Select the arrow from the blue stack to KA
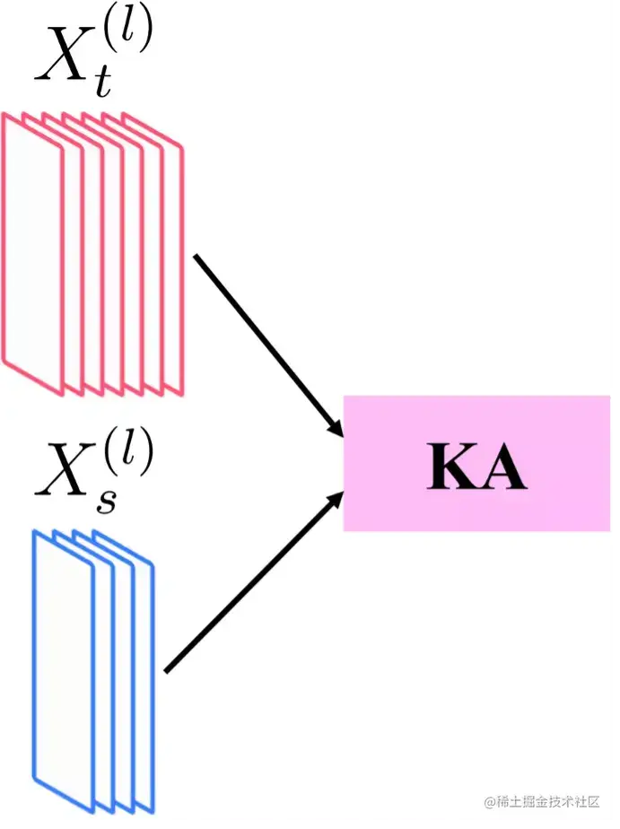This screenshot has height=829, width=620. point(251,583)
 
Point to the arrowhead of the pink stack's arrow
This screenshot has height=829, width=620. point(336,430)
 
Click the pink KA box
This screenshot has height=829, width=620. point(476,463)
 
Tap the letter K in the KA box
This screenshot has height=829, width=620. point(450,467)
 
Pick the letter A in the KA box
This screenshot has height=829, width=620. point(502,467)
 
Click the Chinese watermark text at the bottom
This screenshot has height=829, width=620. point(549,801)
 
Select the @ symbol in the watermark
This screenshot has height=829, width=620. point(490,801)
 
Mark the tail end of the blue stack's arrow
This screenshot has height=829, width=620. point(168,669)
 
